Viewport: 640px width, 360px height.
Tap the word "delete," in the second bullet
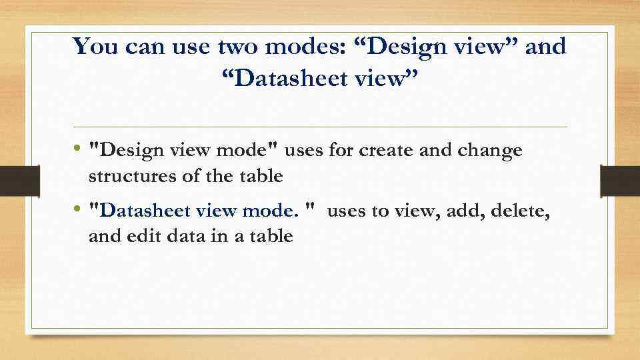(520, 212)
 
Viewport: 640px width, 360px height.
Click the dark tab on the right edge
(620, 180)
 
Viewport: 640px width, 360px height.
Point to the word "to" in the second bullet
(380, 212)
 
